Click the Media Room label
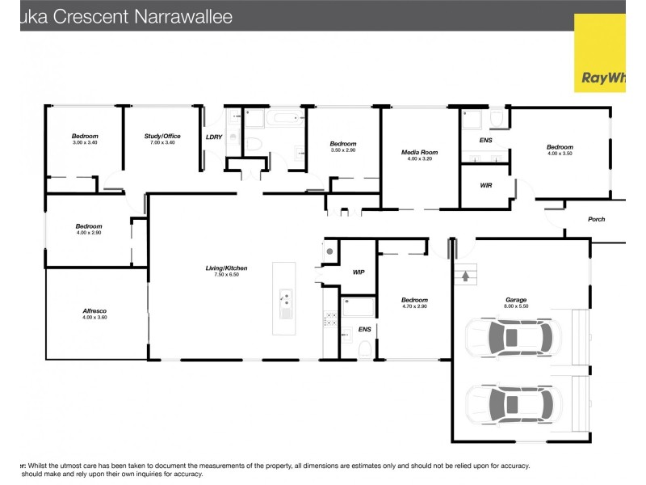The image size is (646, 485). (419, 152)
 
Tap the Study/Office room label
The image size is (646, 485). (162, 136)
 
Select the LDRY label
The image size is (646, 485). (214, 137)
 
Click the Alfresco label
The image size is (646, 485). (95, 310)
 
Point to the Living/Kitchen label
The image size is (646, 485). (226, 268)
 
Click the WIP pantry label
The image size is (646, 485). (359, 272)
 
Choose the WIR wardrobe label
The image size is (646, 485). (486, 185)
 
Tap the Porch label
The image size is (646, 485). (596, 219)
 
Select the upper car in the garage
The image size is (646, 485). (510, 337)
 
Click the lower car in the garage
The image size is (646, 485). (510, 403)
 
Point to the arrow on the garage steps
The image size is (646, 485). (465, 276)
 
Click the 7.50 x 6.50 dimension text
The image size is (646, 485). (226, 275)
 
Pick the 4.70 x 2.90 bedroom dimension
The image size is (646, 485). (414, 306)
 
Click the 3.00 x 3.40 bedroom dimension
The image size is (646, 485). (85, 142)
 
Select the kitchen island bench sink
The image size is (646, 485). (285, 299)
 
